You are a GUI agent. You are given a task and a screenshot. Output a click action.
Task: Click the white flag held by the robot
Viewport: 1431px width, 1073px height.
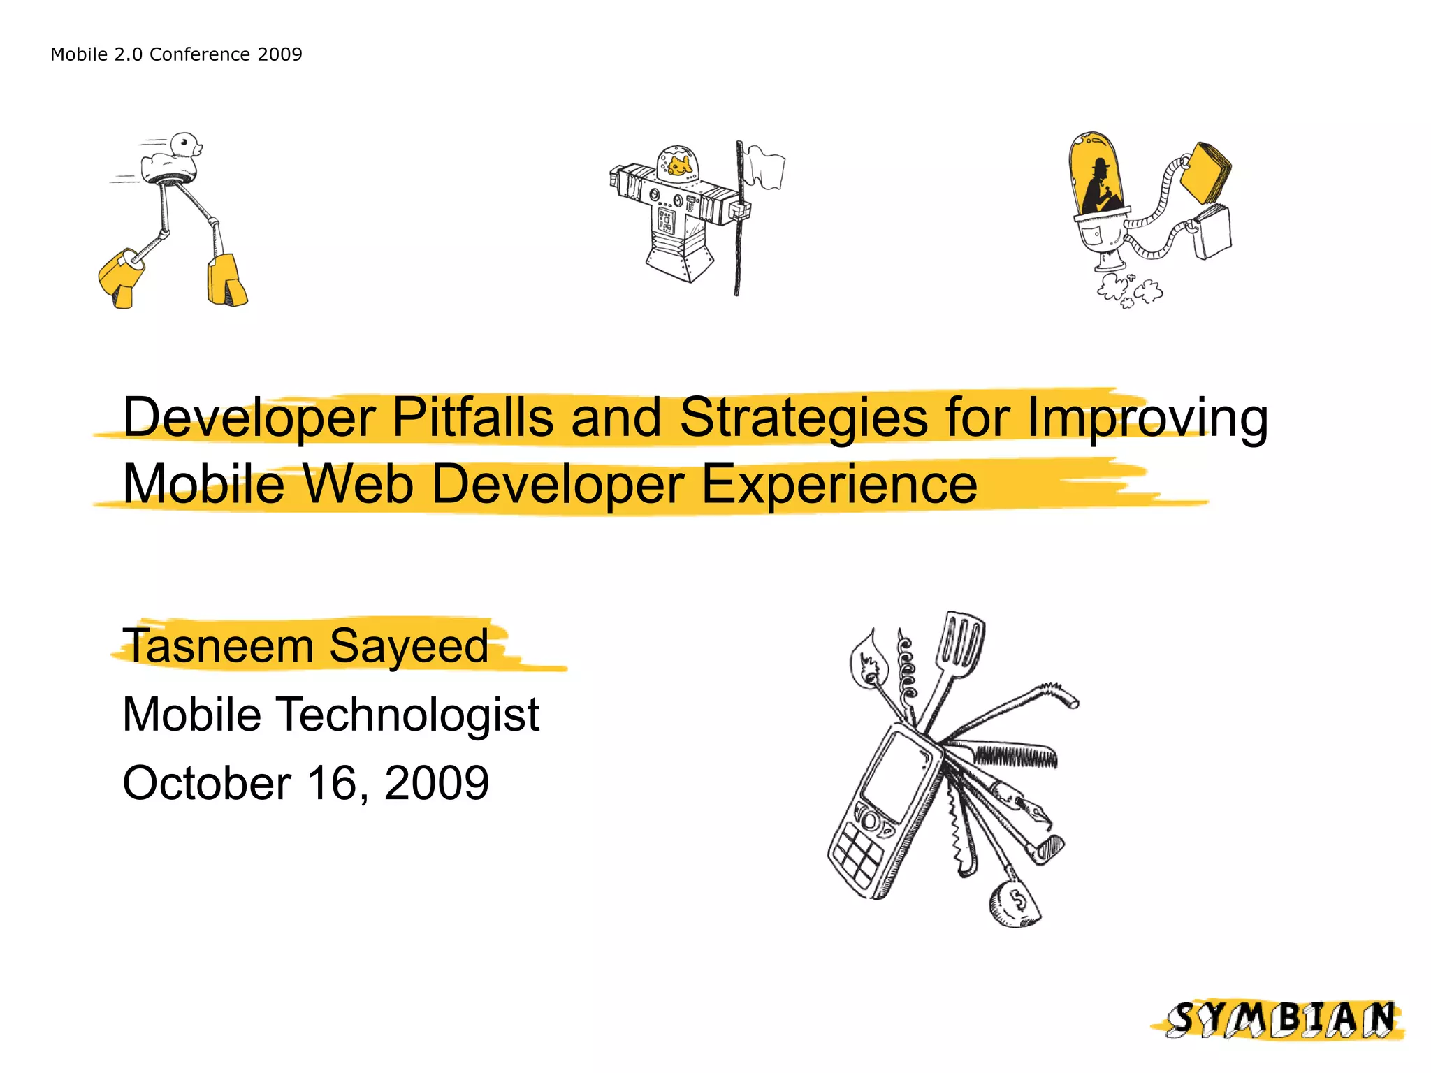click(764, 167)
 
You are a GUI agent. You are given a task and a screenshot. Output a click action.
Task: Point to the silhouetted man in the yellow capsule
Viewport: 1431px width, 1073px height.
click(1098, 186)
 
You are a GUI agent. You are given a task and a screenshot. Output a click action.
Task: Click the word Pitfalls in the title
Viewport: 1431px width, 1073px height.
click(472, 418)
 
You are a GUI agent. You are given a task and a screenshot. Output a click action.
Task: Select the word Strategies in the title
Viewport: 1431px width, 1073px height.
click(804, 418)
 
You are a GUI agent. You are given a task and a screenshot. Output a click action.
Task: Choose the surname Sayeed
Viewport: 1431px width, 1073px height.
click(408, 645)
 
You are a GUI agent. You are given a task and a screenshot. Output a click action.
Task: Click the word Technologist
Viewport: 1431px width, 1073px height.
click(409, 714)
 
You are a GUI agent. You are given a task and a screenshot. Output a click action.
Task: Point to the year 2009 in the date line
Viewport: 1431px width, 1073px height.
click(437, 782)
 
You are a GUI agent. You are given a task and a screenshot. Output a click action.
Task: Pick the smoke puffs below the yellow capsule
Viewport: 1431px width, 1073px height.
click(1128, 290)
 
